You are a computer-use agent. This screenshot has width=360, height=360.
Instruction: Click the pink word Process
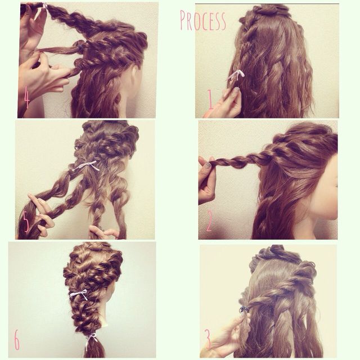coord(203,20)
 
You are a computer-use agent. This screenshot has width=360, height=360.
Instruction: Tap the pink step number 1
coord(210,101)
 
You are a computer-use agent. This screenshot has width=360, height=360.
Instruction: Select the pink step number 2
coord(209,222)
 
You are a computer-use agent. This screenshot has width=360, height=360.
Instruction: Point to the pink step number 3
coord(208,339)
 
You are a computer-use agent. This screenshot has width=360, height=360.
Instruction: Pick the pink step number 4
coord(26,98)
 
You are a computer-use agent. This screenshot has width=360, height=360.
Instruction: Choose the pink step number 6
coord(17,341)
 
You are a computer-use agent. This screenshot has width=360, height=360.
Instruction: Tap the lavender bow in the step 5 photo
coord(87,165)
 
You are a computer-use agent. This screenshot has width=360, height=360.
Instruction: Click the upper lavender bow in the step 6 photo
coord(78,294)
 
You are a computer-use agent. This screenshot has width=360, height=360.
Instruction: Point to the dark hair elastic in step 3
coord(244,309)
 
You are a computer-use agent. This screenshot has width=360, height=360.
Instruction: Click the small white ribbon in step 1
coord(236,74)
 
